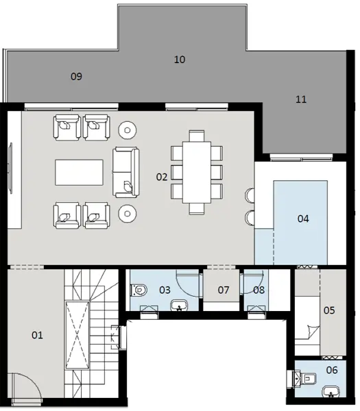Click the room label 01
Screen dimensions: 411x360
click(37, 335)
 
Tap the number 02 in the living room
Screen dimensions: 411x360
click(162, 177)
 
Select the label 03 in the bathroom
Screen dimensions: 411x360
click(165, 290)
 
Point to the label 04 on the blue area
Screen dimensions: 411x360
click(303, 219)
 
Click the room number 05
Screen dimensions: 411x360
click(328, 310)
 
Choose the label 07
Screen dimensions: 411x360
click(224, 290)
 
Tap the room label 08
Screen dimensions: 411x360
click(259, 290)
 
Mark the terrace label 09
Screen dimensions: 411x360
click(76, 77)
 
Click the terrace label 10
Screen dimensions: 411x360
click(180, 60)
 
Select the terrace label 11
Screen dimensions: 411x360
click(300, 99)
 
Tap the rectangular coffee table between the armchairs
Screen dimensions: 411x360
click(80, 171)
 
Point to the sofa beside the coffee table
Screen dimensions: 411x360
click(126, 171)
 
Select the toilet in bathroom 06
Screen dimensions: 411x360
click(305, 377)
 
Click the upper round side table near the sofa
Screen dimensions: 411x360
click(128, 128)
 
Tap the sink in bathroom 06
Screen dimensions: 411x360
click(333, 393)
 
